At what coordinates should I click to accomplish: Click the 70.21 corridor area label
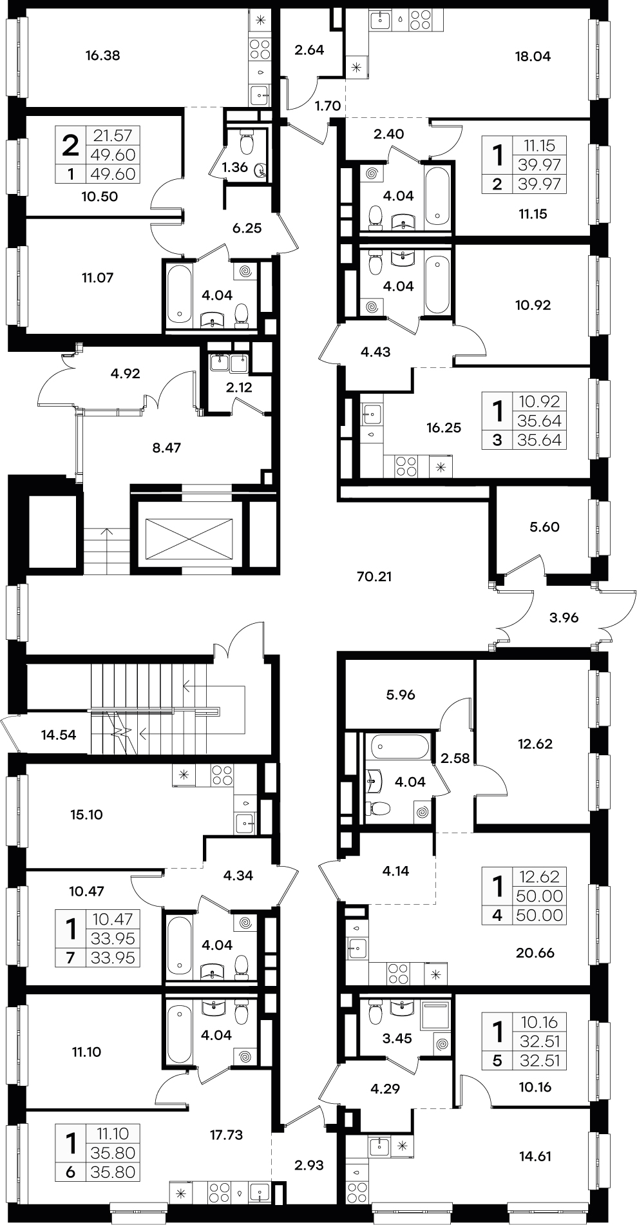pyautogui.click(x=374, y=576)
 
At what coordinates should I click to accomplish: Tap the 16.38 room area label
pyautogui.click(x=103, y=55)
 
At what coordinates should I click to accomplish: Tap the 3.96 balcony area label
pyautogui.click(x=564, y=617)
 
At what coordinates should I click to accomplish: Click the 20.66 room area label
pyautogui.click(x=536, y=952)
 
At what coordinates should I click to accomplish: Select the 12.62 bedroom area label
pyautogui.click(x=535, y=744)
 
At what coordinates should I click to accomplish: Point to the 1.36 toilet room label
pyautogui.click(x=234, y=168)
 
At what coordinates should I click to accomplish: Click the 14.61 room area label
pyautogui.click(x=536, y=1155)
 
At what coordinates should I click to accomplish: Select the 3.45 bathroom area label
pyautogui.click(x=397, y=1038)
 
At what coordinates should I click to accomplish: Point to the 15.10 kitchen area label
pyautogui.click(x=86, y=814)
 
